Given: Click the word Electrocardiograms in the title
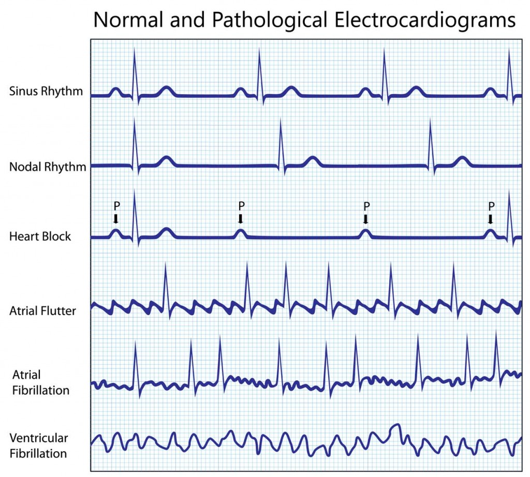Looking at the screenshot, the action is (425, 20).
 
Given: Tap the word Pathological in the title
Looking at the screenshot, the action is (269, 20).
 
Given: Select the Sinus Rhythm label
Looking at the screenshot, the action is (46, 92).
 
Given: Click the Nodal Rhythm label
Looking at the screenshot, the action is (48, 167).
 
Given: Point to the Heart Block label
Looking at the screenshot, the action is (40, 236).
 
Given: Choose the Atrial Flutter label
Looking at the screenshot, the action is (42, 311).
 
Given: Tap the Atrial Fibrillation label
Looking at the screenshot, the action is (40, 382).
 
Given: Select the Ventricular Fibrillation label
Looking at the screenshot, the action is (38, 445).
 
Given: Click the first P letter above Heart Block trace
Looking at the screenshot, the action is (116, 206).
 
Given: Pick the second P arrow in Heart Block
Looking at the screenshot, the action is (241, 219).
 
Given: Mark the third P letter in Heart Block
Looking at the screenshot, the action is (366, 206).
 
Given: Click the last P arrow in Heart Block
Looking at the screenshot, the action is (491, 219).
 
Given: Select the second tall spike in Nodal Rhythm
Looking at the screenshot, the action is (281, 145).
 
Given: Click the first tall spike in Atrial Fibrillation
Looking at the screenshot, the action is (136, 368).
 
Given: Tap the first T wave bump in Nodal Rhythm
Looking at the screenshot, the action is (166, 161).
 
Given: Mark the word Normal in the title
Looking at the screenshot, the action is (128, 20).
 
